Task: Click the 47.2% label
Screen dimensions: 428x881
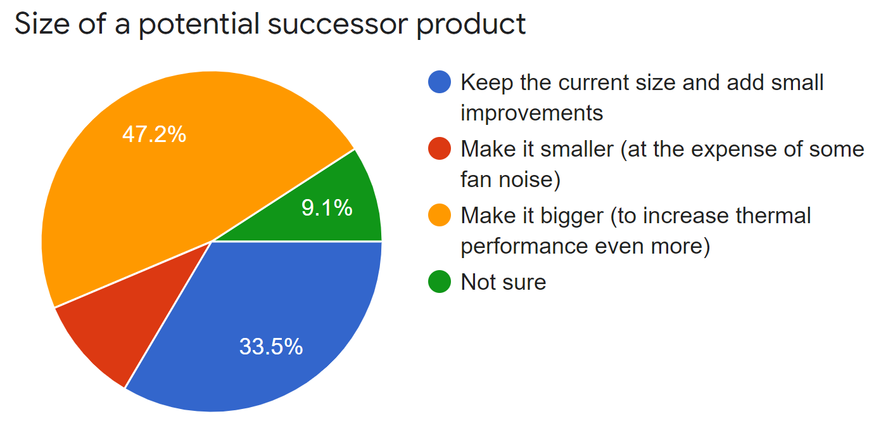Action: [154, 134]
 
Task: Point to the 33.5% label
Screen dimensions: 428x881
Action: [271, 346]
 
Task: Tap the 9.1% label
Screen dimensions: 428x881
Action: [327, 208]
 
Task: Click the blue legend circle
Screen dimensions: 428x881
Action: [440, 82]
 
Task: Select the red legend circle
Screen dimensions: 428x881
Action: [440, 149]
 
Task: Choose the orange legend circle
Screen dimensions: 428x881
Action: [440, 216]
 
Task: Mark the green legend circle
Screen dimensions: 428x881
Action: [440, 282]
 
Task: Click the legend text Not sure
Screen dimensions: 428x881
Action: [504, 282]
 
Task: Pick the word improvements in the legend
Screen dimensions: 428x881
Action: [531, 113]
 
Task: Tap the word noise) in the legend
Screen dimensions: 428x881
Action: [531, 181]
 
